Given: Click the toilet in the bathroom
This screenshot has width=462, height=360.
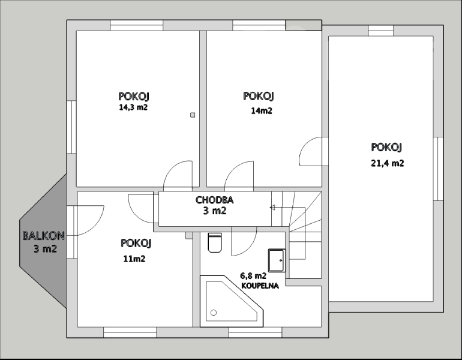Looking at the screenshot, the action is pos(215,242).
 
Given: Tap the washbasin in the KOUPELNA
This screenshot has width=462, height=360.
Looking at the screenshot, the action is pos(277,260).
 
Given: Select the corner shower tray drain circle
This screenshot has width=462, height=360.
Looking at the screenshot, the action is pos(214,313).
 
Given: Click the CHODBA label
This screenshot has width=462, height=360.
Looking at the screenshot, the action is pos(215,200).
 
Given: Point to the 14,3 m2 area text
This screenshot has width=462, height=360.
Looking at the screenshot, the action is pos(133,107).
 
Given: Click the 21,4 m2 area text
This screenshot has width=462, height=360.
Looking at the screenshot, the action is pos(387,163).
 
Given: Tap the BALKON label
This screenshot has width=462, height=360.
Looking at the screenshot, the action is pos(44,236).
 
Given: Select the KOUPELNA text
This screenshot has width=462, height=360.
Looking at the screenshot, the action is pos(260,286).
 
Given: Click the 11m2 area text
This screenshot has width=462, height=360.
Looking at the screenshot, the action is pos(134,259).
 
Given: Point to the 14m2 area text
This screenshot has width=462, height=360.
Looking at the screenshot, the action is pos(262,111).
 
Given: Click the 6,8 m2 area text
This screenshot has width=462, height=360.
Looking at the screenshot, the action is pos(253,276).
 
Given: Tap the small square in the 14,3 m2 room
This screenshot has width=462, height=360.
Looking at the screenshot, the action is pos(193,115).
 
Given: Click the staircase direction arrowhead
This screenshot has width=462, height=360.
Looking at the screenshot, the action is pos(272,208).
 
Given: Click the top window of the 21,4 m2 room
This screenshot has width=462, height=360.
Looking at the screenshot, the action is pos(381,31).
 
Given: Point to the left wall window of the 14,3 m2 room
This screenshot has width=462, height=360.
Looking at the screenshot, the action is pos(71,127).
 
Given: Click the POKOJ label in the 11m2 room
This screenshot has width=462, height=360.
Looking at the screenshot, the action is pos(136,244).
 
